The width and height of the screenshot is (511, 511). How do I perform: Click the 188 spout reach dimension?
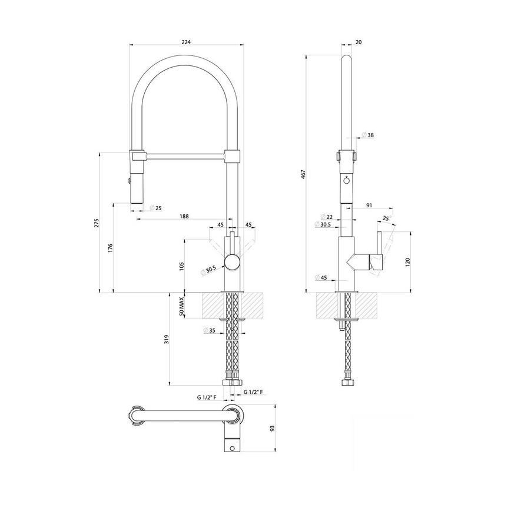coord(184,217)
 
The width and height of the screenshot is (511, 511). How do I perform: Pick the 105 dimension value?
coord(182,264)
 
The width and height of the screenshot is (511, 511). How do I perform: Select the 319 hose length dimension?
coord(167,339)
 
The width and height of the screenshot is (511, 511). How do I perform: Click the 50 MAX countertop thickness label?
coord(182,306)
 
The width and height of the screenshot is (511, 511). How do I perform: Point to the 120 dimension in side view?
coord(408,261)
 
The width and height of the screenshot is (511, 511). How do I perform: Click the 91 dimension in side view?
coord(369,205)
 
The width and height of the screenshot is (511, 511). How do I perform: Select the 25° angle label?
coord(386,218)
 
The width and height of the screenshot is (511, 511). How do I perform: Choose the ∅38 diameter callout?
coord(368,135)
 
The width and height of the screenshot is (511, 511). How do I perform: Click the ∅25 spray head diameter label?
coord(156,208)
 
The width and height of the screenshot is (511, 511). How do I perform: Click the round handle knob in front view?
coord(232,262)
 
